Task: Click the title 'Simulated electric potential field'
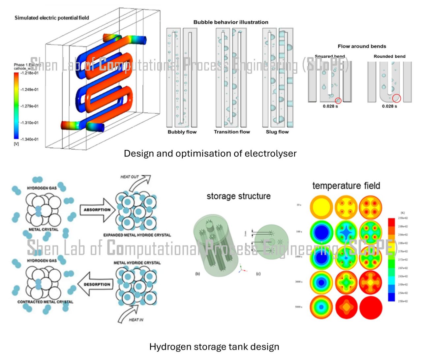point(52,18)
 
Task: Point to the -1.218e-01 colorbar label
point(29,73)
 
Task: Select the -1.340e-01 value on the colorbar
point(29,139)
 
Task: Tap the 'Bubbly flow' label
point(182,132)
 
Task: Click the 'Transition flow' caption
point(232,132)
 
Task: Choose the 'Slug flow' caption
point(277,132)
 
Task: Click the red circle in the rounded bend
point(397,98)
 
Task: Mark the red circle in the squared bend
point(338,101)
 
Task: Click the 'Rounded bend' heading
point(389,56)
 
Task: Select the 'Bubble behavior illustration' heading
point(231,22)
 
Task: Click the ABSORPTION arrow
point(97,210)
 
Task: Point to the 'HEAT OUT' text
point(130,177)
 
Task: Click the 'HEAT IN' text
point(136,320)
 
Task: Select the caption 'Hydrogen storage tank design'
point(214,347)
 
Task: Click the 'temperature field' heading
point(346,186)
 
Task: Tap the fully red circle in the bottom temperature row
point(371,308)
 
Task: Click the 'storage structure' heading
point(238,196)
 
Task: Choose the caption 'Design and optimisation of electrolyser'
point(210,154)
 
